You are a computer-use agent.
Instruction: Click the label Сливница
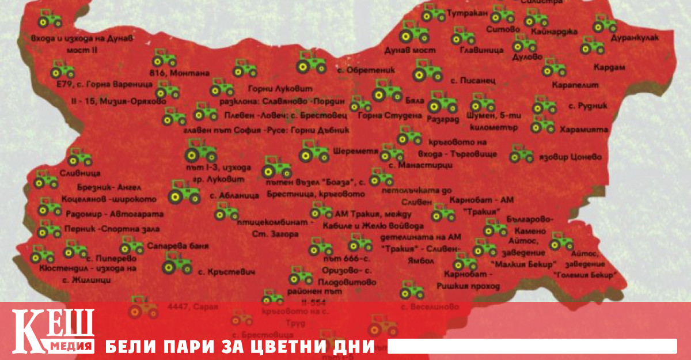click(x=80, y=172)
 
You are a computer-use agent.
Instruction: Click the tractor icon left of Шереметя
click(x=314, y=151)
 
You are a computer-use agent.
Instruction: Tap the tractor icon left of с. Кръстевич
click(x=177, y=264)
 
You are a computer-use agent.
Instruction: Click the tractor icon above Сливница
click(x=80, y=157)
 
